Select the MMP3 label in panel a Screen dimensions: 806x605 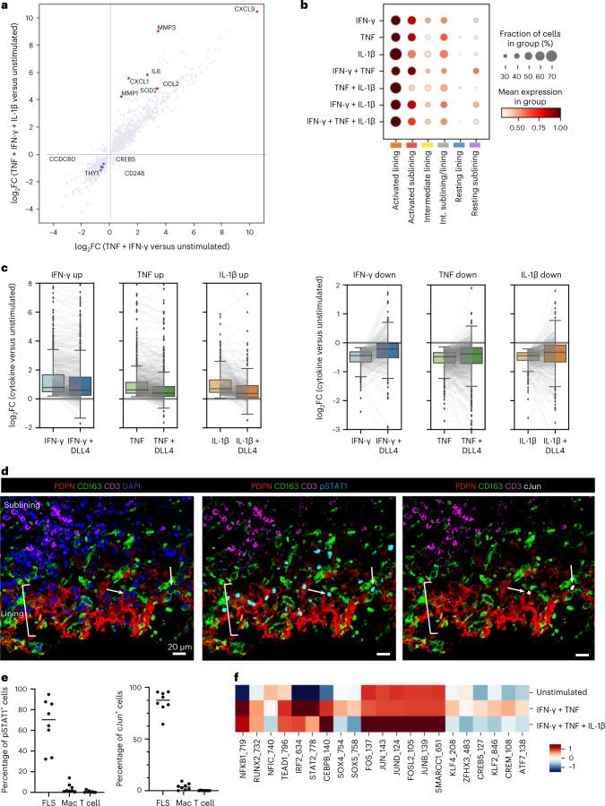(x=166, y=28)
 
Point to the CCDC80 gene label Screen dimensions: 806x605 (x=63, y=159)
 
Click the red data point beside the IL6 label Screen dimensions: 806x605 (x=147, y=74)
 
